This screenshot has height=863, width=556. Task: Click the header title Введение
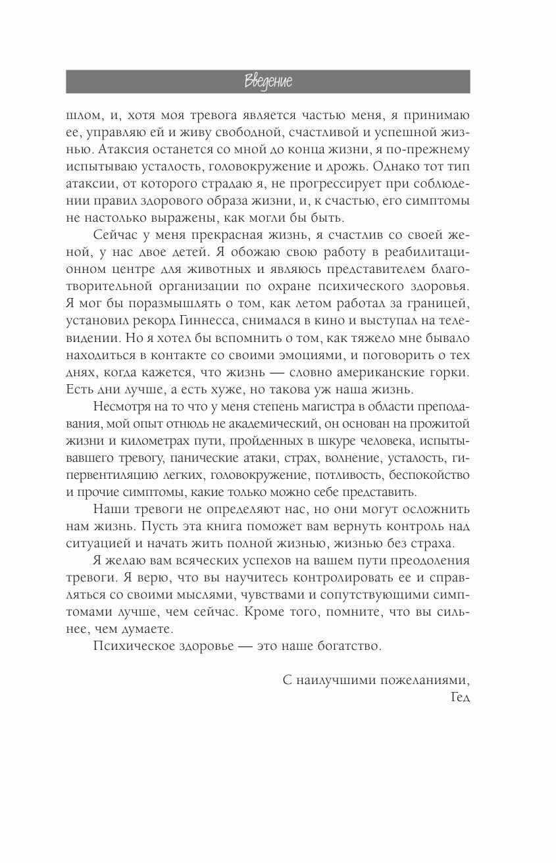coord(268,82)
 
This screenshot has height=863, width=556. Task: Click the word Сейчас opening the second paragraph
coord(114,235)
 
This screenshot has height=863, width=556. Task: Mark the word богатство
coord(345,646)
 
